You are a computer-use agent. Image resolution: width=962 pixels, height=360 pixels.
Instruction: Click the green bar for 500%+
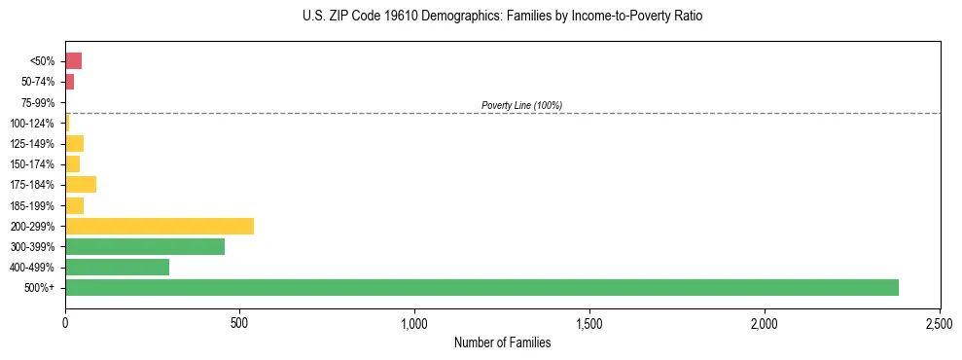[481, 287]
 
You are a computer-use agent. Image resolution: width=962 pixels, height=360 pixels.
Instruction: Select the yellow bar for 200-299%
[160, 226]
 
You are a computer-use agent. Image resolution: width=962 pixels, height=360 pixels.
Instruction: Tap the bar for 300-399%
[145, 246]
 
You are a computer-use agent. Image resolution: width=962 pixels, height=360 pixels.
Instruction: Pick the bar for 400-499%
[117, 267]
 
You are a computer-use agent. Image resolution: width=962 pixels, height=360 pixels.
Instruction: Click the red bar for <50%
[73, 61]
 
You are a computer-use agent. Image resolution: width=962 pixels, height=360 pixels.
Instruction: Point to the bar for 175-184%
[81, 185]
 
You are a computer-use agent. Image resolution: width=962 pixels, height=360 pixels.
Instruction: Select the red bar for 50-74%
[69, 82]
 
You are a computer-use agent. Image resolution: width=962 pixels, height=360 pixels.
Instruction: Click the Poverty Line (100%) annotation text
[521, 105]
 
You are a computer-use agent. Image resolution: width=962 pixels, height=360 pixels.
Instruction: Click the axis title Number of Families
[502, 342]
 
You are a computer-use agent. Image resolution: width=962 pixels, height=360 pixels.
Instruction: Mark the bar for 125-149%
[74, 144]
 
